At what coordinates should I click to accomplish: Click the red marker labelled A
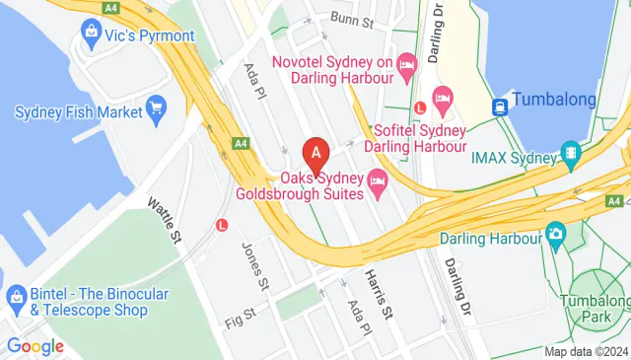coord(315,155)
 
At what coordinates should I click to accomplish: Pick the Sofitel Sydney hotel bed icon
coord(443,97)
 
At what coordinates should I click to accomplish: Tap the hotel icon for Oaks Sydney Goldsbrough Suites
coord(377,181)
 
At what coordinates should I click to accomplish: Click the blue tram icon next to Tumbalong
coord(501,106)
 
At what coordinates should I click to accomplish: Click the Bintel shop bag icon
coord(15,297)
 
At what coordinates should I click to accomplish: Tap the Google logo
coord(35,346)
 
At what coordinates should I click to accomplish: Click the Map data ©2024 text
coord(586,351)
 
